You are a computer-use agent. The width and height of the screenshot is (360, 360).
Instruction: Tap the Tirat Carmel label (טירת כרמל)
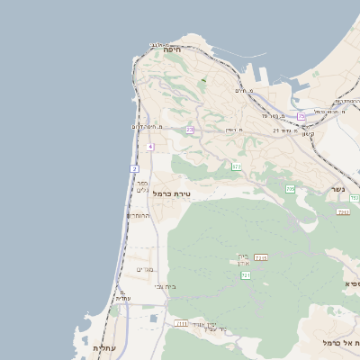[x=171, y=193]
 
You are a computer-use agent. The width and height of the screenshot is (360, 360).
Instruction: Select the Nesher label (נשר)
[x=337, y=190]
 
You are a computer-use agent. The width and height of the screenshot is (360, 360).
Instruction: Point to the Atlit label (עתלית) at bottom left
[x=103, y=347]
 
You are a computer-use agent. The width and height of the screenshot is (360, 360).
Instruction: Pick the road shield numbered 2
[x=135, y=168]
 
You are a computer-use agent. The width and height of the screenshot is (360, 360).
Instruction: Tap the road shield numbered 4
[x=150, y=147]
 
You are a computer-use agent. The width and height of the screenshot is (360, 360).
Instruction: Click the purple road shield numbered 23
[x=190, y=130]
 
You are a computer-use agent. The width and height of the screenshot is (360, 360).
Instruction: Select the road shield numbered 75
[x=301, y=117]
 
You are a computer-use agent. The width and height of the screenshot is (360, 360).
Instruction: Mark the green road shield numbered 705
[x=290, y=189]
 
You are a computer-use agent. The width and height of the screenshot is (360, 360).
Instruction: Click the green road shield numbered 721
[x=246, y=275]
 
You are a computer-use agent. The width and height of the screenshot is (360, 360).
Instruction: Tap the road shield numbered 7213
[x=261, y=257]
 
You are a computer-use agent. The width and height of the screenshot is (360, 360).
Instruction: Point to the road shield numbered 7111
[x=181, y=322]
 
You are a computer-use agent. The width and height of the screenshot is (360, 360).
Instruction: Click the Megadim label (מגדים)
[x=145, y=269]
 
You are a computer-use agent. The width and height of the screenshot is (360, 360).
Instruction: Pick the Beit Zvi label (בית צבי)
[x=166, y=286]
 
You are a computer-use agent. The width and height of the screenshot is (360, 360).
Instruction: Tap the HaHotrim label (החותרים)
[x=138, y=216]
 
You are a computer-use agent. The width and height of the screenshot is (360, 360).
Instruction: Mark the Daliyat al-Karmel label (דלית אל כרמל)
[x=342, y=344]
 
